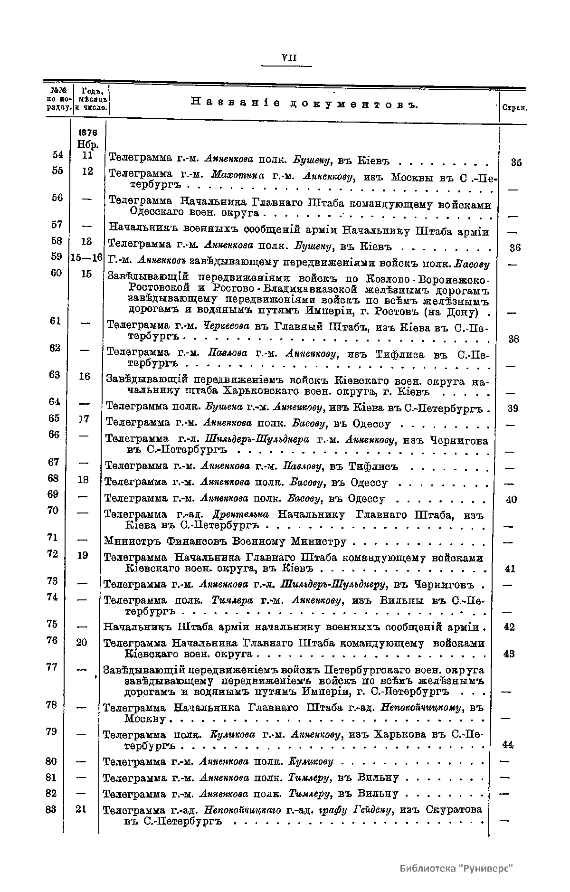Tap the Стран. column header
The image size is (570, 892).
click(515, 108)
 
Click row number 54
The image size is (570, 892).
click(57, 155)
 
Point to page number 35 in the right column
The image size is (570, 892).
click(516, 162)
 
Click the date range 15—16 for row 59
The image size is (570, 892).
click(86, 258)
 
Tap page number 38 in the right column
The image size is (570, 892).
click(513, 339)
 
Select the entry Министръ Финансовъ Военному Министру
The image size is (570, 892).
click(225, 541)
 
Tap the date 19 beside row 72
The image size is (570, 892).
click(82, 555)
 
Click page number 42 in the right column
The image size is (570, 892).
click(509, 627)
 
